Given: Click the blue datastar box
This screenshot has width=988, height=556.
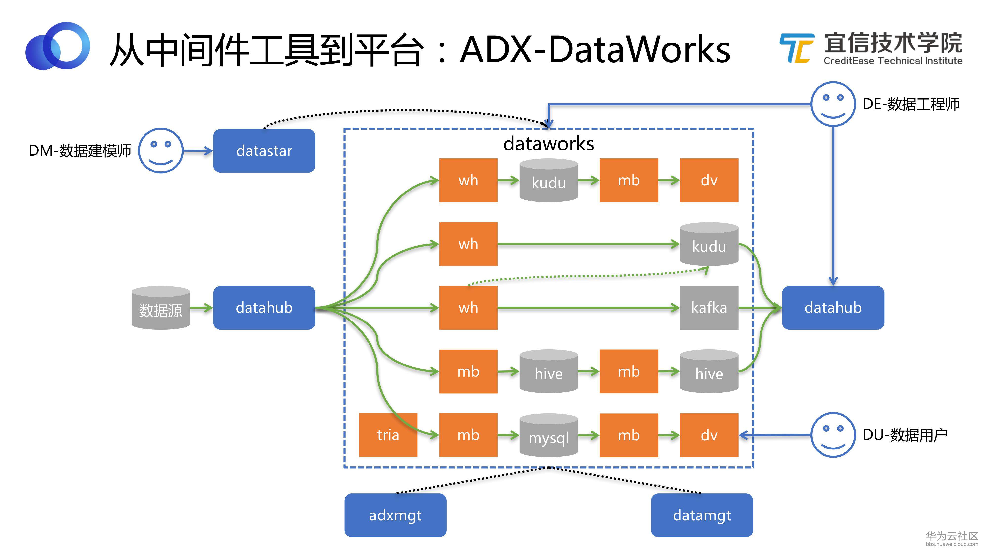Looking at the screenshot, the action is click(264, 151).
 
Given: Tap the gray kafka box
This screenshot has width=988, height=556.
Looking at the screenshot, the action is click(709, 307).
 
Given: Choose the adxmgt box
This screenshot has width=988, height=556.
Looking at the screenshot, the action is click(395, 515).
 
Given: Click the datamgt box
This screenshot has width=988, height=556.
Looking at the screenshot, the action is click(702, 515).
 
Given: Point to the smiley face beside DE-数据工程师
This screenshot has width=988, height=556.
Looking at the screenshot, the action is click(833, 104).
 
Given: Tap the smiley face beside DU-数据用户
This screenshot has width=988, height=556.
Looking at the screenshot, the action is click(833, 435).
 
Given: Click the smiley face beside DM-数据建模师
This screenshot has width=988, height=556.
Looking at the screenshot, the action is click(161, 150).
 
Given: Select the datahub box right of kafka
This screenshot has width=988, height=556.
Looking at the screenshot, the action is click(833, 307).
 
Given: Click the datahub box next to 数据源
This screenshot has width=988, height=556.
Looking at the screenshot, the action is click(264, 307).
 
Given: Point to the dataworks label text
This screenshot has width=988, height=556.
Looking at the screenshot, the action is click(548, 144).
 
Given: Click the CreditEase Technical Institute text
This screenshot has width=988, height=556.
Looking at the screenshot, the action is click(893, 61).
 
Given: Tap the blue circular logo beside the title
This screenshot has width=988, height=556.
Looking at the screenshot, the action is click(58, 46).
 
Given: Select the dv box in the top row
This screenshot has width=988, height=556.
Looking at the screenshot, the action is click(709, 180).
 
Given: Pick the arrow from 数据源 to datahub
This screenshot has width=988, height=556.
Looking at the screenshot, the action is click(201, 307).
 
